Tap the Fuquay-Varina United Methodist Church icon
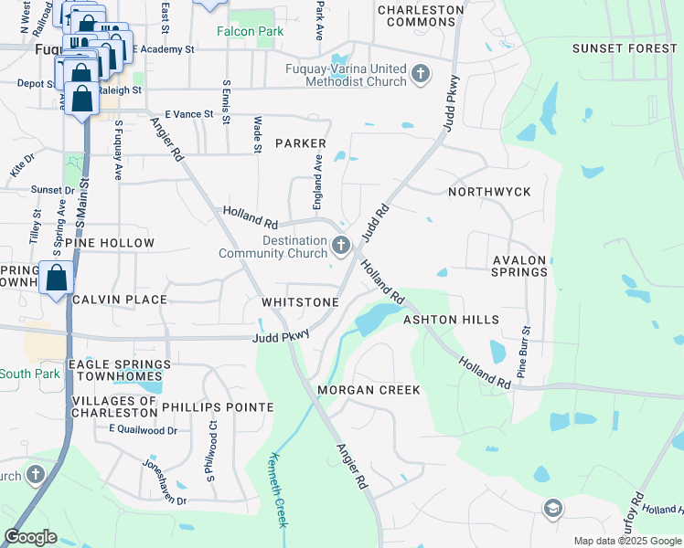pyautogui.click(x=421, y=74)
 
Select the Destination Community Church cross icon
pyautogui.click(x=341, y=244)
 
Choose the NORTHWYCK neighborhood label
pyautogui.click(x=489, y=193)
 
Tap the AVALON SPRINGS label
pyautogui.click(x=519, y=266)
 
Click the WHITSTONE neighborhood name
pyautogui.click(x=300, y=301)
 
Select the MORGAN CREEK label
pyautogui.click(x=369, y=390)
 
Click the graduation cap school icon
pyautogui.click(x=552, y=508)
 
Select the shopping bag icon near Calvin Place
pyautogui.click(x=57, y=278)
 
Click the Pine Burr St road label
pyautogui.click(x=525, y=353)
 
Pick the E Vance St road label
pyautogui.click(x=188, y=115)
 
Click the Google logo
pyautogui.click(x=30, y=537)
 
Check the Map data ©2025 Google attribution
pyautogui.click(x=627, y=541)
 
